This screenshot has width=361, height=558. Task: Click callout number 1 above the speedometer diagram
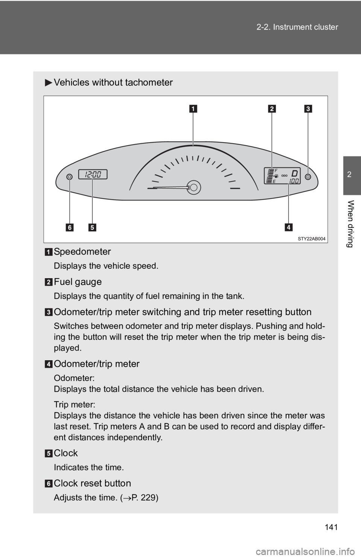(x=193, y=109)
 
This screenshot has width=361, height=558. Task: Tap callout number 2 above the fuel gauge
(x=272, y=109)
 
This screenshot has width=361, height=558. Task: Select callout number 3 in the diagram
(x=308, y=109)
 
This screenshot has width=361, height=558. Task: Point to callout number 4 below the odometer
(x=288, y=227)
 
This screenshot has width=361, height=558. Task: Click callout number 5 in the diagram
(x=93, y=227)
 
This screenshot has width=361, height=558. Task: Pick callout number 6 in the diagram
(x=70, y=227)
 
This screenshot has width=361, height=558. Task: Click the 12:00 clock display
(x=93, y=174)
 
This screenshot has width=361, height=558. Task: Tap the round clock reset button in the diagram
(x=69, y=177)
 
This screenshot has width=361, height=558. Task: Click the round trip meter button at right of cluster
(x=308, y=177)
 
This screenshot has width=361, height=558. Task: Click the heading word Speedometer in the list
(x=82, y=251)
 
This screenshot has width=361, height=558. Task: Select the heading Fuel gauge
(x=77, y=282)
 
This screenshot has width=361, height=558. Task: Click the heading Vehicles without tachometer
(x=113, y=82)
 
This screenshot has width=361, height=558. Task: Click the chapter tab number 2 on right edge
(x=352, y=174)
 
